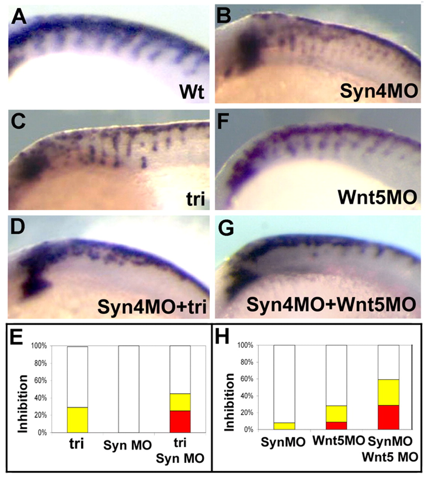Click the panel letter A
pyautogui.click(x=19, y=17)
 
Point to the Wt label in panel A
pyautogui.click(x=192, y=91)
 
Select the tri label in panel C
pyautogui.click(x=195, y=199)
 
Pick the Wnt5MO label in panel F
pyautogui.click(x=377, y=196)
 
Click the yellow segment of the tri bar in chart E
pyautogui.click(x=77, y=420)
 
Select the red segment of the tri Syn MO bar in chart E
pyautogui.click(x=180, y=422)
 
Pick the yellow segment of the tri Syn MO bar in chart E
pyautogui.click(x=180, y=402)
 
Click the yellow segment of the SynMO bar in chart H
pyautogui.click(x=284, y=426)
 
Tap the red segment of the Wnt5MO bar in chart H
pyautogui.click(x=336, y=425)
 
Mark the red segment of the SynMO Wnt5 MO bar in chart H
pyautogui.click(x=388, y=417)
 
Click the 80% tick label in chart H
pyautogui.click(x=246, y=362)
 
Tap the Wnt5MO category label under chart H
pyautogui.click(x=339, y=441)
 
